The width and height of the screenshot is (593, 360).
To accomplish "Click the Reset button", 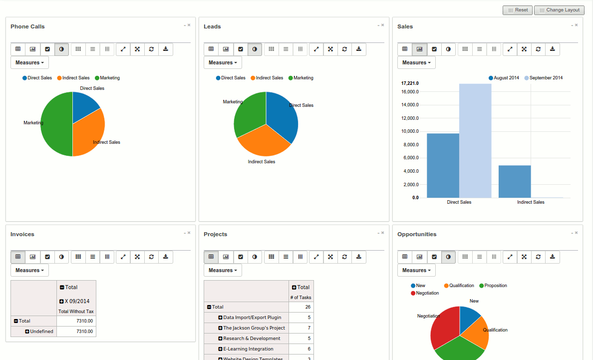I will tap(518, 10).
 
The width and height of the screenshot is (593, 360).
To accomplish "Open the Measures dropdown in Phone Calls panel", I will tap(29, 62).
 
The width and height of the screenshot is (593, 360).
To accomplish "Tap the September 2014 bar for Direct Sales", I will tap(475, 140).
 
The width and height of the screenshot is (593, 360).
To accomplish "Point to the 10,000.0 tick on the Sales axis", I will tap(410, 131).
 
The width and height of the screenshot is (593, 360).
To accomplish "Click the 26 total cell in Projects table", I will tap(308, 307).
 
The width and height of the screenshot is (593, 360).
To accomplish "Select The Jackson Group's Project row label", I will tap(254, 328).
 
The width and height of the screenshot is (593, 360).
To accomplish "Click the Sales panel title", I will tap(405, 26).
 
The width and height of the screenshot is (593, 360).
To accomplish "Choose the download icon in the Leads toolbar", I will tap(359, 49).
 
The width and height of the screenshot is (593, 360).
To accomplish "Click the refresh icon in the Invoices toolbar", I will tap(151, 257).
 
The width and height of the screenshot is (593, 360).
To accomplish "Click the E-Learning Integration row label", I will tap(248, 349).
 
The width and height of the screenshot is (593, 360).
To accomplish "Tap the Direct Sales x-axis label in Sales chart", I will tap(459, 202).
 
